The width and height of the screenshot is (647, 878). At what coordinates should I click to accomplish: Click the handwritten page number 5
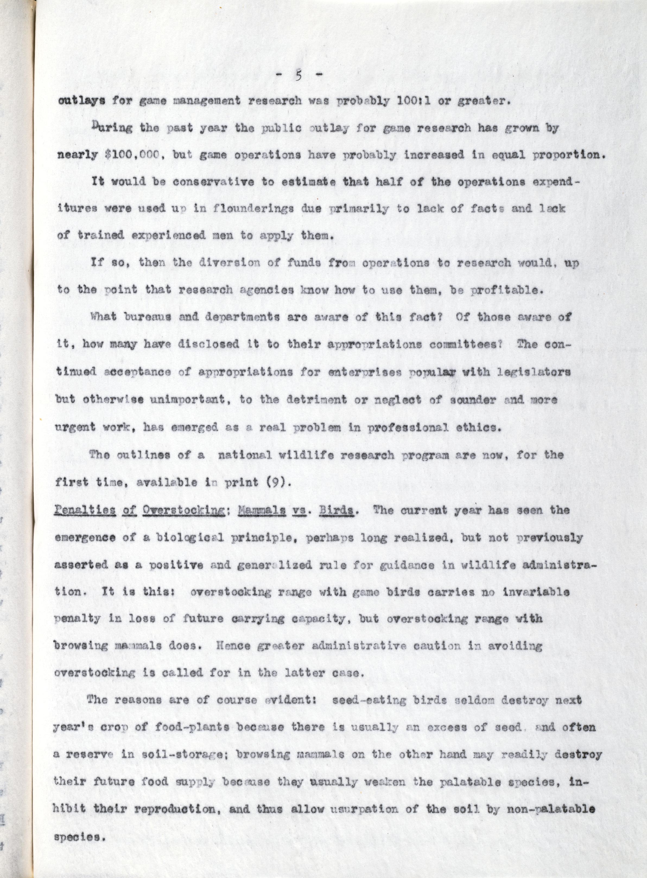click(298, 76)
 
